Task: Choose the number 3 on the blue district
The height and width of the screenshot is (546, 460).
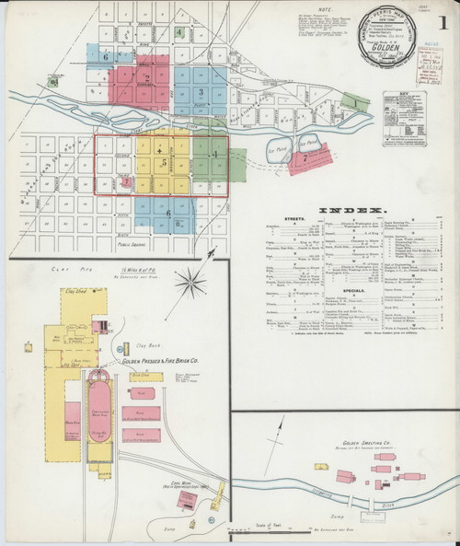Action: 200,92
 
